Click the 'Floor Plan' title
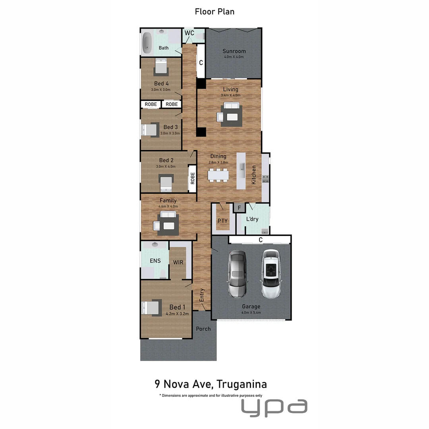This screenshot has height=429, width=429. pos(214,12)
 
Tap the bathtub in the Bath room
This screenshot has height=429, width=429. pos(147,43)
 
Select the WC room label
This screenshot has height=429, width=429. pos(189,33)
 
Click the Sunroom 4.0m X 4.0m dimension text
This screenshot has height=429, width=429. pos(234,57)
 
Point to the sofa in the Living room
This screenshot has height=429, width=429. pos(231,106)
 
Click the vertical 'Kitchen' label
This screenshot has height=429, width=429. pos(253,174)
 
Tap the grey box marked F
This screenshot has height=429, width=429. pos(239,207)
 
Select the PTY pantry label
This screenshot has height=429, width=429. pos(222,220)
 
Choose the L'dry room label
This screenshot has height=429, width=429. pos(252,219)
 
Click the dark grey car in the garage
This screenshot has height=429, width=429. pos(238,274)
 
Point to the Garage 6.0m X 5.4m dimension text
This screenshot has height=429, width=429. pos(251,313)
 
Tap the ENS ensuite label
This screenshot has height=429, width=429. pos(155,261)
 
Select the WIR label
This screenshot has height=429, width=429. pos(178,262)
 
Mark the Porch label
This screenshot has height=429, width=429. pos(203,329)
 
